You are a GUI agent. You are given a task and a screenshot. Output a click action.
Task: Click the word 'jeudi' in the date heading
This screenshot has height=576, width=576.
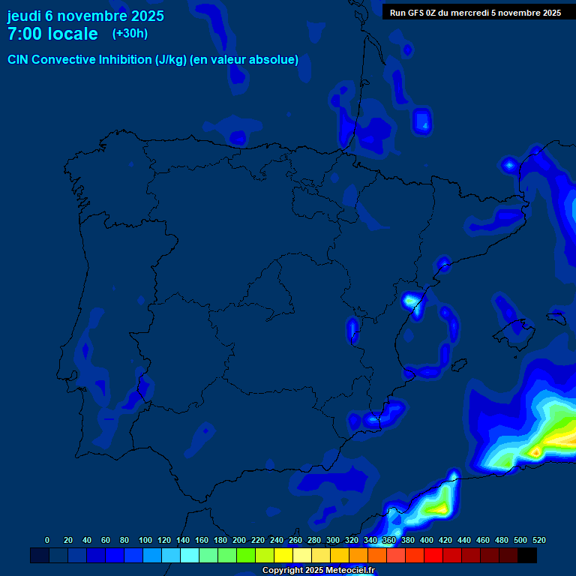[x=24, y=15]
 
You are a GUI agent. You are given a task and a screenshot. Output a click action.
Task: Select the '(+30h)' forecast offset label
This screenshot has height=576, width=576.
[x=129, y=33]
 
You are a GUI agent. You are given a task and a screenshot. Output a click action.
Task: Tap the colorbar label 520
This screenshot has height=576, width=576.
[x=538, y=540]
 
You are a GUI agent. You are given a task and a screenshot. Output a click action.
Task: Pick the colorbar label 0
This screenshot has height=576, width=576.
[x=47, y=540]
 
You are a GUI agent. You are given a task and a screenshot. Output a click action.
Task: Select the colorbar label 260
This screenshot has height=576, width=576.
[x=295, y=540]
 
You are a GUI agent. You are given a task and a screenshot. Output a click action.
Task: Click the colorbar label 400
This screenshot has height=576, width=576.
[x=426, y=540]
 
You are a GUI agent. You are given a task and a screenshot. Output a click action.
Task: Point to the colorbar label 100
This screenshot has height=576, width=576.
[x=145, y=540]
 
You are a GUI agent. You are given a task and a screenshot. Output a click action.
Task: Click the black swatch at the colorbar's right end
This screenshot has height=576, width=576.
[x=526, y=555]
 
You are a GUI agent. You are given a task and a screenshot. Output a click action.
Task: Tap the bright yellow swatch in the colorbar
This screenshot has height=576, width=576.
[x=283, y=555]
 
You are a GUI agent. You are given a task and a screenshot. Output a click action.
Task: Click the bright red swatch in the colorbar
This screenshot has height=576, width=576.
[x=433, y=555]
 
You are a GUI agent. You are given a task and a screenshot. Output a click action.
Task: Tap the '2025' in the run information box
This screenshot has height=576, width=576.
[x=550, y=12]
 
